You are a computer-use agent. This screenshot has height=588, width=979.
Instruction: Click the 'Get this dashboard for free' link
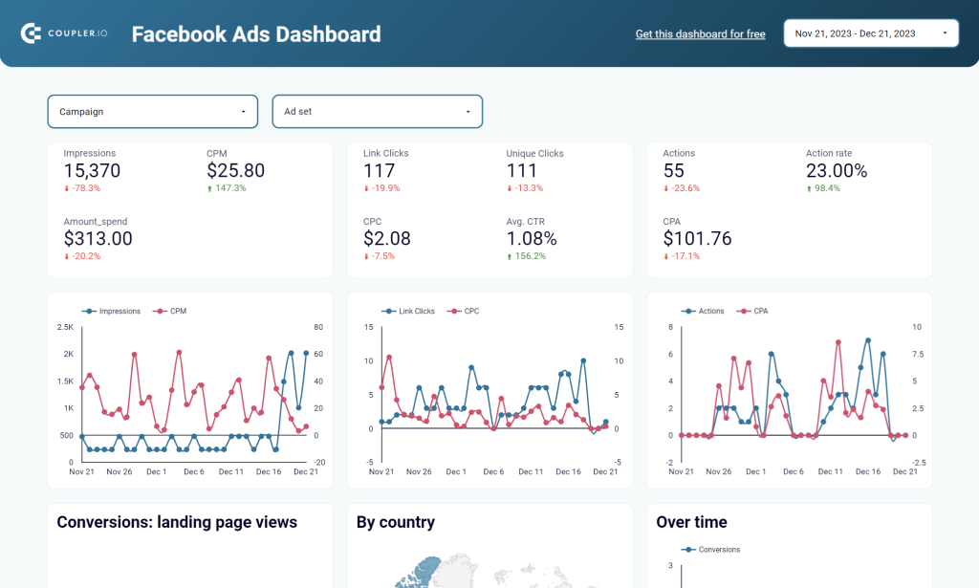[x=700, y=34]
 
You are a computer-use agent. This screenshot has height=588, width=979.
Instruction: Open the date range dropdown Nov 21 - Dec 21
[x=871, y=33]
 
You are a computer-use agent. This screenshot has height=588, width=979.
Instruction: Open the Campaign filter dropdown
[x=153, y=112]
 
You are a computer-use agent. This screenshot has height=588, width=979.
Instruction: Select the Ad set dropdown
[x=378, y=112]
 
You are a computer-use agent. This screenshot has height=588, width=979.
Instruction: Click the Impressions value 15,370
[x=92, y=171]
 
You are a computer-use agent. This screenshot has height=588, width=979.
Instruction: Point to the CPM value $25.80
[x=235, y=171]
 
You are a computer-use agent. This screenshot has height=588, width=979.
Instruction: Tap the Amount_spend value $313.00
[x=98, y=239]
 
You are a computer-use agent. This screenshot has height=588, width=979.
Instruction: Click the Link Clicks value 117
[x=380, y=171]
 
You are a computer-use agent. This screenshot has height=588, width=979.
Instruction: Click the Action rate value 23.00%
[x=837, y=171]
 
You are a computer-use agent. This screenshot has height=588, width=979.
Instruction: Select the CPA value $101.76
[x=697, y=239]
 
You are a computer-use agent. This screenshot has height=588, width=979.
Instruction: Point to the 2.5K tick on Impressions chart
[x=66, y=327]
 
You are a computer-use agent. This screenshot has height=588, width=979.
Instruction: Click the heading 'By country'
[x=395, y=522]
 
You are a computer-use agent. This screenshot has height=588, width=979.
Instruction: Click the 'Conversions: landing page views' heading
[x=177, y=522]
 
